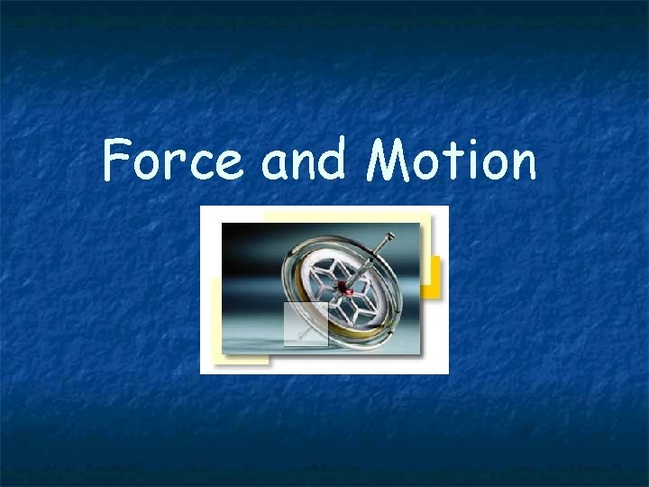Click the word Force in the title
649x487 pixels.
tap(171, 161)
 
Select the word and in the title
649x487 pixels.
tap(303, 161)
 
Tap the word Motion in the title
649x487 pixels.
tap(452, 161)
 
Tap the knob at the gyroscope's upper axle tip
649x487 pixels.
tap(390, 236)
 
